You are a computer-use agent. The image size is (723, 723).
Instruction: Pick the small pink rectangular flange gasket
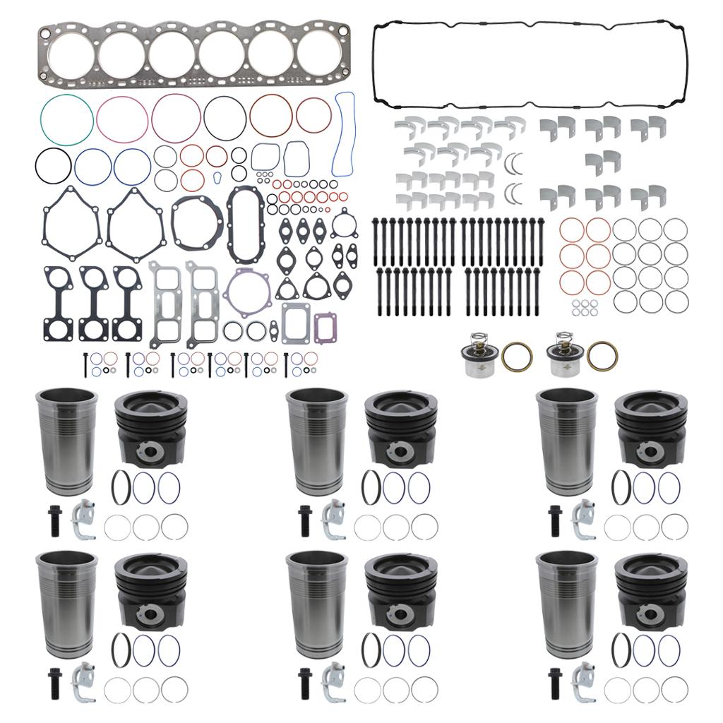(324, 325)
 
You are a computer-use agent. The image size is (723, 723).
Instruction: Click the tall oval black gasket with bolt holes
(245, 215)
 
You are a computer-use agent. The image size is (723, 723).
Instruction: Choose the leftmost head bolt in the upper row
(375, 239)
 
